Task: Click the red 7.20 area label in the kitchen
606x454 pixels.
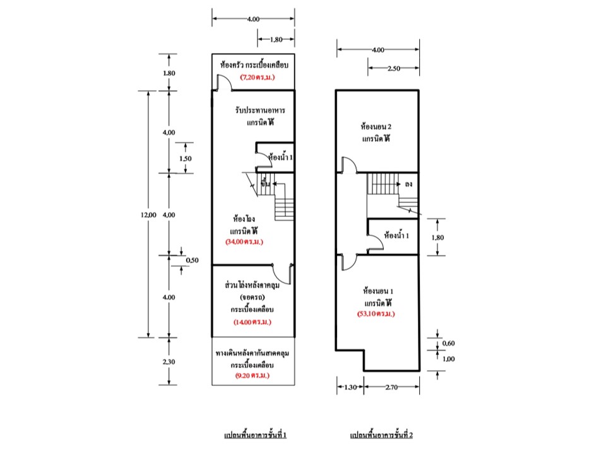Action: click(258, 77)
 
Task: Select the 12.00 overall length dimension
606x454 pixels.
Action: click(148, 215)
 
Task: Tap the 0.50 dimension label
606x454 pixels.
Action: click(192, 260)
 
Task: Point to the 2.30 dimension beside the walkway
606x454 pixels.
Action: click(169, 362)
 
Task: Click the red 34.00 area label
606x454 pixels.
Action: click(244, 242)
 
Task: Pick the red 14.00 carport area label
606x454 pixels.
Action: click(252, 322)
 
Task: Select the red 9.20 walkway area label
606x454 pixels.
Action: click(252, 375)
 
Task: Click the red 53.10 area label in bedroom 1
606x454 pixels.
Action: click(376, 314)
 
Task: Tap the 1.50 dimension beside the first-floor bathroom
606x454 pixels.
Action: click(186, 158)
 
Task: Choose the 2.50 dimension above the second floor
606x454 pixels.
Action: click(394, 68)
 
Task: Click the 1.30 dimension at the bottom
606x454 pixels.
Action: click(350, 387)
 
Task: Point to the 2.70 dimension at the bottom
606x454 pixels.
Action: click(391, 387)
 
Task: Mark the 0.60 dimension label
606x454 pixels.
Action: click(448, 343)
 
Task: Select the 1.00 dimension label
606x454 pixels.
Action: click(448, 359)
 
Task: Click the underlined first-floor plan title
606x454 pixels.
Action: click(256, 435)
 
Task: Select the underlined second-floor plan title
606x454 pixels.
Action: click(381, 435)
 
